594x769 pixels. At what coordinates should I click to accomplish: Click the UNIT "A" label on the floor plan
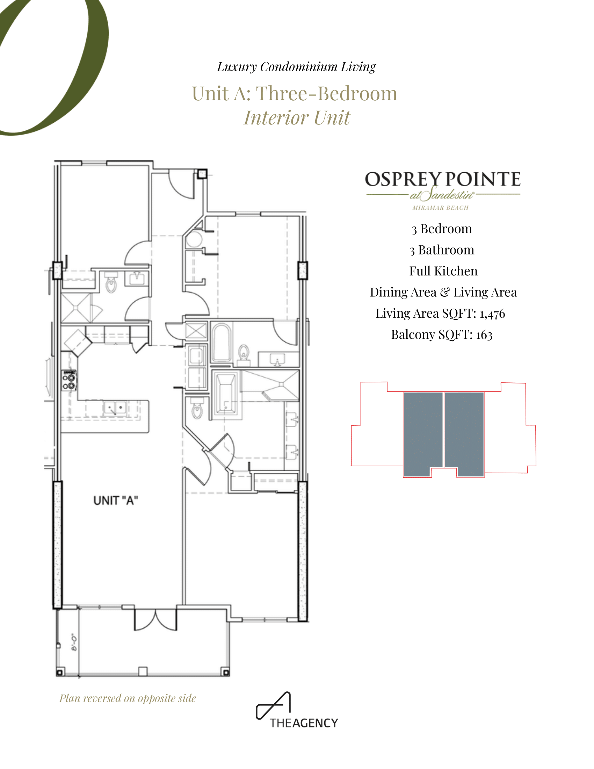115,500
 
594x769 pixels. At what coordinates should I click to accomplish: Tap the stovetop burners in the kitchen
69,381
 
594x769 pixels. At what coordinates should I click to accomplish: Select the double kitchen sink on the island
115,408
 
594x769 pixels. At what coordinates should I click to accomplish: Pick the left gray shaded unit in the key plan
423,434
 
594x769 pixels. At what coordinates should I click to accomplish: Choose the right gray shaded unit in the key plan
464,434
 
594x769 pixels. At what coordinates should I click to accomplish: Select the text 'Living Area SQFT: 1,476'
440,314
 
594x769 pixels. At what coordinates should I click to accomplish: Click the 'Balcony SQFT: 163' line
442,335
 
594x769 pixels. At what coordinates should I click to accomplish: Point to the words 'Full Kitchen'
443,271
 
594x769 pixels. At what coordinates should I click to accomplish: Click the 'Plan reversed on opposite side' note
128,699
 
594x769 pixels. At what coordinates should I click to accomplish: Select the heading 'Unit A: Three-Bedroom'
295,94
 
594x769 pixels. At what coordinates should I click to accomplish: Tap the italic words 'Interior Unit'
297,117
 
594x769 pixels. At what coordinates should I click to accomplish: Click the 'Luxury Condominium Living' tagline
296,67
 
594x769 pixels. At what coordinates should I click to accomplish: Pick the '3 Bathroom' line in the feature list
442,250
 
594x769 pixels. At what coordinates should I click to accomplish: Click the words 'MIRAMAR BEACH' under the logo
441,208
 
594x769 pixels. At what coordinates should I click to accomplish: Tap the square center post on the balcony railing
143,671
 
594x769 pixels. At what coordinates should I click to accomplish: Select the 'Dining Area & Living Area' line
443,292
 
